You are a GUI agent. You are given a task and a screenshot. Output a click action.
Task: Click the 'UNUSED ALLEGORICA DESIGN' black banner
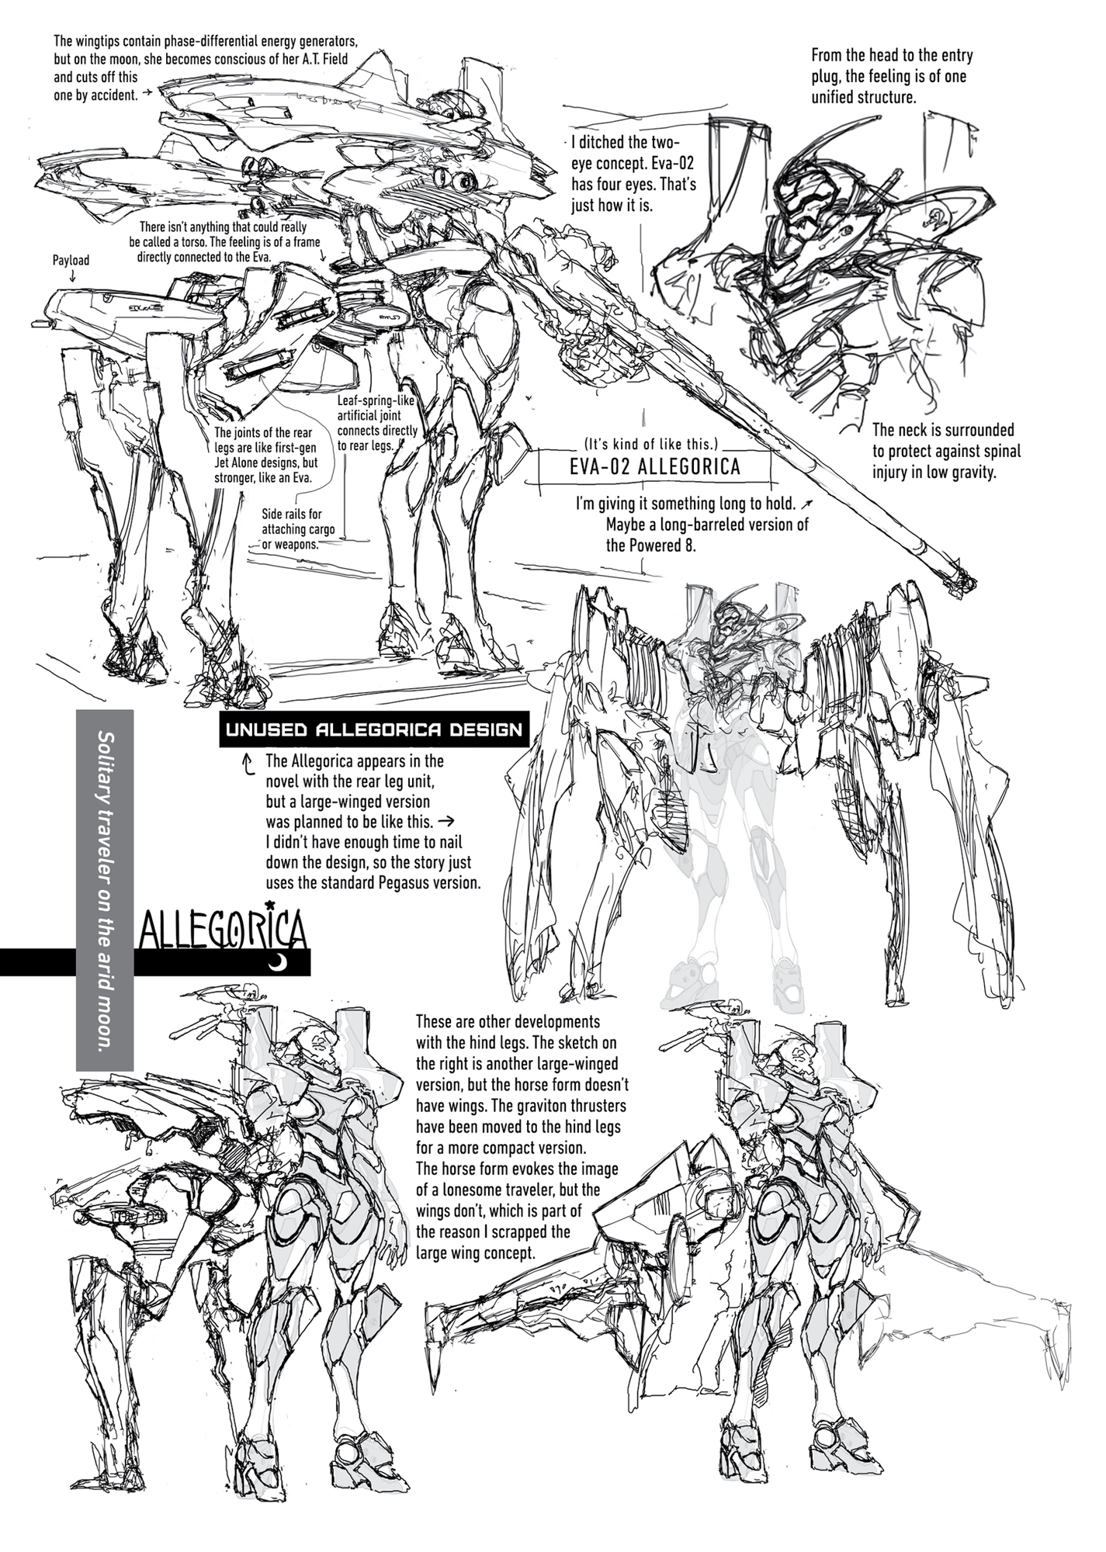374,729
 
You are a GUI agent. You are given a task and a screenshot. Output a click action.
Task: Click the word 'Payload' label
71,261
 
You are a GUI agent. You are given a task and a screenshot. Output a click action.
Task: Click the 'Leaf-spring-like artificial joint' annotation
377,424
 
